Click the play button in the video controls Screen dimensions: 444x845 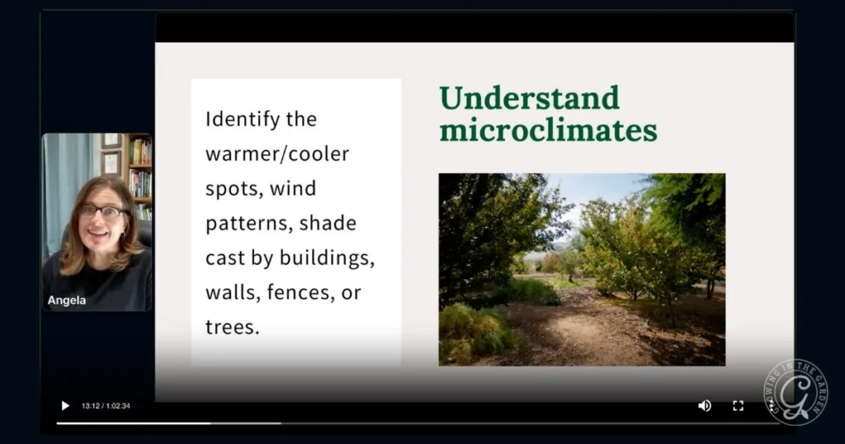pos(65,405)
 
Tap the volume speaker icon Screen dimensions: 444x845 pos(704,405)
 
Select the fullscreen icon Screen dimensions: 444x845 pos(738,405)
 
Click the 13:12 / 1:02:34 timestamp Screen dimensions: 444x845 pos(106,406)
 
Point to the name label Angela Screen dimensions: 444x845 pos(67,300)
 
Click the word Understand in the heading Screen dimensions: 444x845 pos(529,98)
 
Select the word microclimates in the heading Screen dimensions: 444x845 pos(548,130)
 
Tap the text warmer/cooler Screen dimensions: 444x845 pos(277,154)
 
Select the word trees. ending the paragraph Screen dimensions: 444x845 pos(232,326)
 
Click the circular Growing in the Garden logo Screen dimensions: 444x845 pos(795,391)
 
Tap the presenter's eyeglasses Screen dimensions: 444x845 pos(101,211)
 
